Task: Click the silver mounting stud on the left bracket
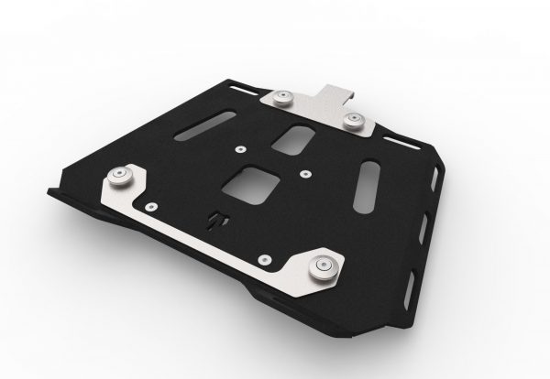[120, 177]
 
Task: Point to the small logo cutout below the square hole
[217, 221]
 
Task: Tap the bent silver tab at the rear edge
[335, 92]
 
